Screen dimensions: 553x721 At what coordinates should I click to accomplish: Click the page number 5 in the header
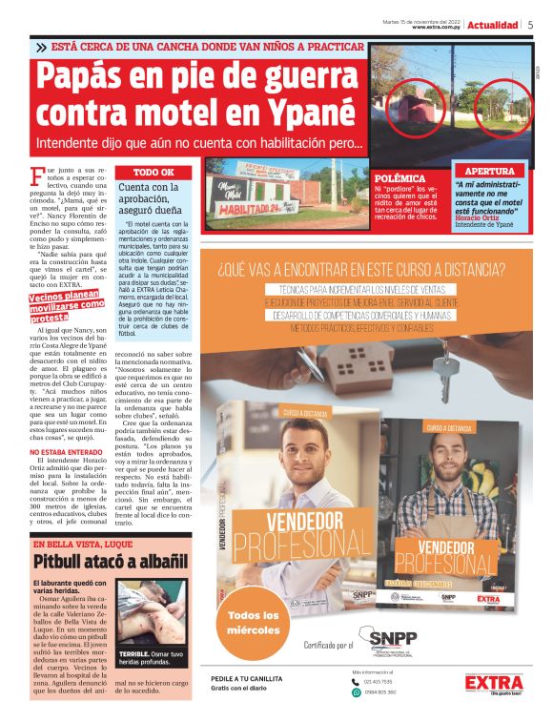[530, 25]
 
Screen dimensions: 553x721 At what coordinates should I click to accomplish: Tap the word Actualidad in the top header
[493, 25]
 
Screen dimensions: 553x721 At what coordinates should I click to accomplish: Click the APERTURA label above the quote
[489, 171]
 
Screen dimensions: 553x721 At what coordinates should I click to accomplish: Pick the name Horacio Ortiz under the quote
[478, 217]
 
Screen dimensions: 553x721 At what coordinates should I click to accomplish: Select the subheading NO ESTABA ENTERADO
[67, 452]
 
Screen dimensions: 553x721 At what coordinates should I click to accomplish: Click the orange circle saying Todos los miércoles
[254, 623]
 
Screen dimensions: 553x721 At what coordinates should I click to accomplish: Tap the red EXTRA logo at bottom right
[494, 684]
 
